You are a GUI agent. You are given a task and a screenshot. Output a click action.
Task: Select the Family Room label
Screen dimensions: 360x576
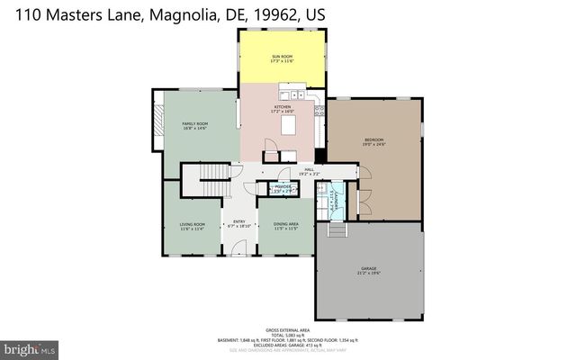tap(195, 126)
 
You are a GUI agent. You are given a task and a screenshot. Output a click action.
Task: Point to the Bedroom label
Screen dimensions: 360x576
tap(374, 141)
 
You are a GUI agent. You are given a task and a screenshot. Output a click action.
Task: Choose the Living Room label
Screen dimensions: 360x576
tap(193, 226)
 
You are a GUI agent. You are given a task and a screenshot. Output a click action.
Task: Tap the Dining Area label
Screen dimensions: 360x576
tap(286, 226)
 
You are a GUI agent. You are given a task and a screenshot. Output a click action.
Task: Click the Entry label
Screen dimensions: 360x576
tap(239, 223)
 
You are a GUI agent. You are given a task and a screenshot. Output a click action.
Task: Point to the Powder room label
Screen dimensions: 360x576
tap(283, 188)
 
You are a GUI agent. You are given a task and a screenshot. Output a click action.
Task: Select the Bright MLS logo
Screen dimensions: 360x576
tap(31, 346)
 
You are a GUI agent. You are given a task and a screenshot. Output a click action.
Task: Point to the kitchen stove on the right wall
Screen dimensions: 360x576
tap(319, 111)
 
